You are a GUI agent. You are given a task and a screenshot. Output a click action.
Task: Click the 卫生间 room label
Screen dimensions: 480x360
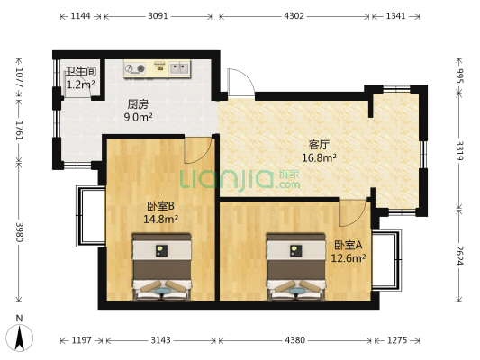point(80,72)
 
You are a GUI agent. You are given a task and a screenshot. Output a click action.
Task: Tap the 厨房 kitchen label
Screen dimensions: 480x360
point(138,104)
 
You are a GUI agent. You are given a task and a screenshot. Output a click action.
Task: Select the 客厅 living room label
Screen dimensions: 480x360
point(319,145)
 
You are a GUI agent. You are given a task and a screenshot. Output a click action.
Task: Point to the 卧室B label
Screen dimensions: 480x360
point(160,206)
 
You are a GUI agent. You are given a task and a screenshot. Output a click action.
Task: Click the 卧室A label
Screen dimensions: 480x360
point(348,245)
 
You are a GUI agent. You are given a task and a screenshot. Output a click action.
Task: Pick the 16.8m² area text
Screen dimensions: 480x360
point(319,157)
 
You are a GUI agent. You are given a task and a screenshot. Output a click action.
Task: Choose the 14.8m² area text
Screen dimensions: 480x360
point(160,219)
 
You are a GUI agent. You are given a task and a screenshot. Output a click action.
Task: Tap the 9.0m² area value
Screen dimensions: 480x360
point(138,117)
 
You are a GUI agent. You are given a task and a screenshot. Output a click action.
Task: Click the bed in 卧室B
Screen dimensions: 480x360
point(161,266)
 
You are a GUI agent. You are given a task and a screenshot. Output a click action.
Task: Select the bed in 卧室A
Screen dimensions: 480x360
point(296,266)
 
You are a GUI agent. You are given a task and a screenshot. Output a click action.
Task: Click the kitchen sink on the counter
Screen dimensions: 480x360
point(179,67)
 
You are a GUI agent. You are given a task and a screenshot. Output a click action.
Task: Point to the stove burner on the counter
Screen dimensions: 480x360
point(140,68)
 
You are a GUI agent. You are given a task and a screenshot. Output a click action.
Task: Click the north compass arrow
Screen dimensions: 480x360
point(20,338)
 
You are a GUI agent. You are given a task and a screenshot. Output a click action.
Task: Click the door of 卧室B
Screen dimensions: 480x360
point(198,150)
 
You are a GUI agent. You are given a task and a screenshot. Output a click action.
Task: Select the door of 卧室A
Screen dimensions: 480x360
point(353,213)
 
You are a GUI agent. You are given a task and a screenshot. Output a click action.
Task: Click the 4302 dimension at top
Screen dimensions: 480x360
point(294,16)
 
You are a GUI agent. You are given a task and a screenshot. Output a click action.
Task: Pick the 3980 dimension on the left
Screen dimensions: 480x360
point(20,232)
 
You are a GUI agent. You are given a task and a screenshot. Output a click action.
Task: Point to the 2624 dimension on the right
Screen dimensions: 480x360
point(459,256)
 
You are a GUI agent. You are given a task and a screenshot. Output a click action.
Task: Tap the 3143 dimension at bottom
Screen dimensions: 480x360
point(160,340)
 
